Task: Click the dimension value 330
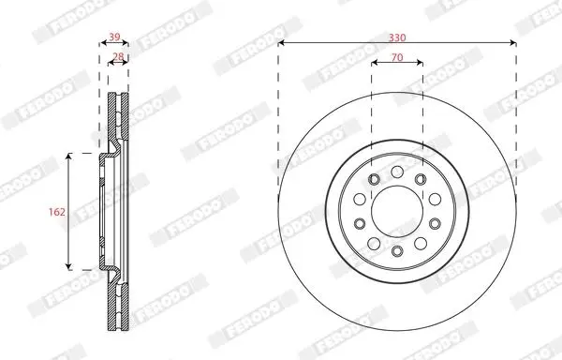(397, 37)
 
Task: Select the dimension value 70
(397, 57)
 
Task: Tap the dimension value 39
(114, 37)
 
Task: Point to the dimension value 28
(118, 56)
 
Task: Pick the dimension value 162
(57, 212)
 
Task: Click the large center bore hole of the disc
(397, 212)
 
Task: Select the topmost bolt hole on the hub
(397, 172)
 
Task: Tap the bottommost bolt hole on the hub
(397, 250)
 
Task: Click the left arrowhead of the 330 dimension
(281, 43)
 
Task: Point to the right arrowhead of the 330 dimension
(513, 43)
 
